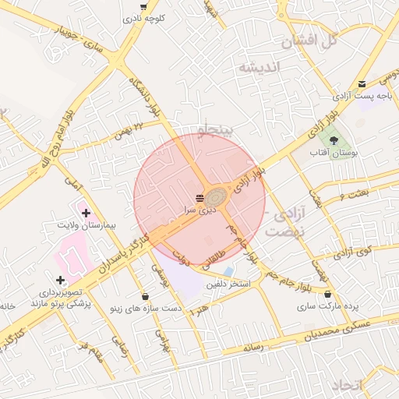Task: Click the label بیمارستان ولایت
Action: [87, 225]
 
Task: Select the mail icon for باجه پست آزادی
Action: [362, 85]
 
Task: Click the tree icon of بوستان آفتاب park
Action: [334, 141]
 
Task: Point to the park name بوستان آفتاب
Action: [333, 155]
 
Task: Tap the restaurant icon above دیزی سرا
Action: [200, 196]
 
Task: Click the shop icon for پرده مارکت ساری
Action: [327, 295]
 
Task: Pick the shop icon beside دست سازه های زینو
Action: [147, 296]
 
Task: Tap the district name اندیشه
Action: [258, 67]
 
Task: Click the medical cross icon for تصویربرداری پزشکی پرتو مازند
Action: [60, 280]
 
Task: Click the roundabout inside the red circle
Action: [217, 195]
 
